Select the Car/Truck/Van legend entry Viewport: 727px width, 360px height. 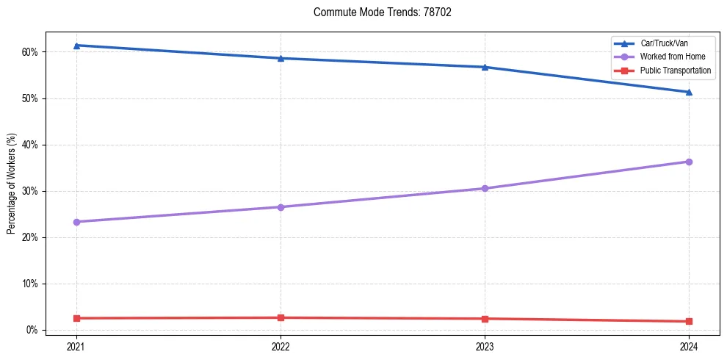click(x=664, y=44)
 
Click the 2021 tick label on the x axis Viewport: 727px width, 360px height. click(x=76, y=346)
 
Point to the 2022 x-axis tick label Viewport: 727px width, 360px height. click(x=281, y=346)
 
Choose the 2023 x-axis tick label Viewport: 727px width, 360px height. click(x=485, y=346)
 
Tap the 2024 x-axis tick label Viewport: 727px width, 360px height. click(x=689, y=346)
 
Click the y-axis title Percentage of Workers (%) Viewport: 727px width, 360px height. click(x=12, y=184)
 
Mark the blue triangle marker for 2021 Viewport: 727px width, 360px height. click(x=76, y=46)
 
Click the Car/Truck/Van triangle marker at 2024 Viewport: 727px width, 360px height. click(x=689, y=92)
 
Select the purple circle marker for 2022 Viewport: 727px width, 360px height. click(x=281, y=207)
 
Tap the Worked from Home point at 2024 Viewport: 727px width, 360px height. click(x=689, y=162)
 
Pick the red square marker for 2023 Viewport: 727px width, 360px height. click(x=485, y=319)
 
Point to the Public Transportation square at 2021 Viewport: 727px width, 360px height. click(x=76, y=318)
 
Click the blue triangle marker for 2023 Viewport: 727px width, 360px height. click(x=485, y=67)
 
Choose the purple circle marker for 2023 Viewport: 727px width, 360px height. click(x=485, y=188)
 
